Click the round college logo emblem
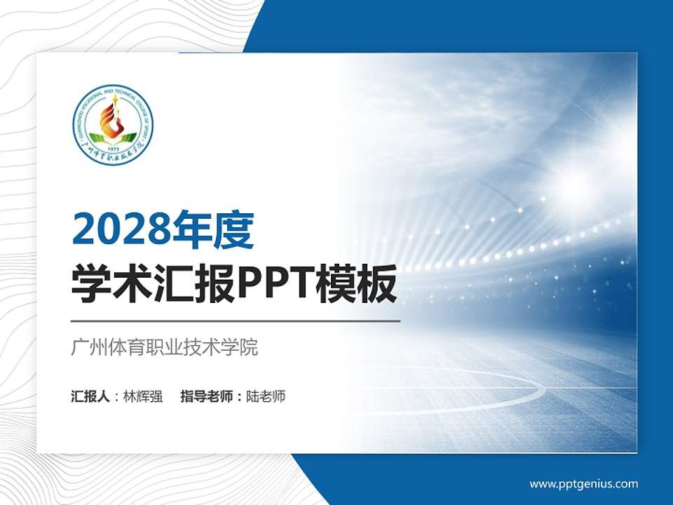[113, 126]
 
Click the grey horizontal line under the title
[236, 321]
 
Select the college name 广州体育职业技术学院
[165, 347]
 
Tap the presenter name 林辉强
[143, 396]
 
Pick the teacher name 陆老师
[266, 396]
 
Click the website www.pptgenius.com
[584, 484]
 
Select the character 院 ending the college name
[250, 347]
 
